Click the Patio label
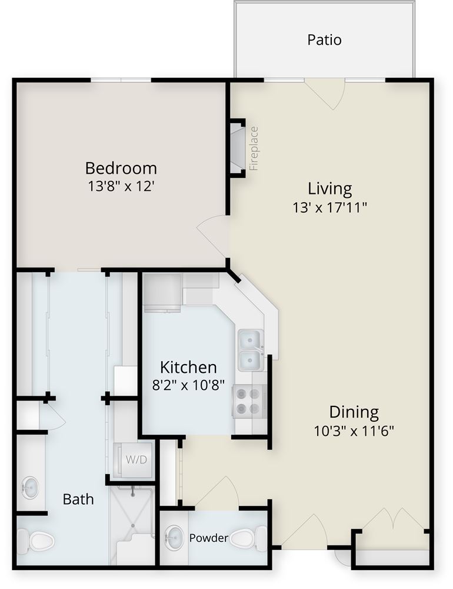click(324, 39)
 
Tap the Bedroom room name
click(121, 168)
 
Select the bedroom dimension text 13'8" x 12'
click(121, 186)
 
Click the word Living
click(330, 188)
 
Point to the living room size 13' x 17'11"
click(329, 207)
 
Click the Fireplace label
click(254, 148)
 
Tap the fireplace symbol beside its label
click(238, 148)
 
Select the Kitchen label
click(188, 367)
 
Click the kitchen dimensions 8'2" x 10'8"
click(188, 385)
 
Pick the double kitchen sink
click(251, 350)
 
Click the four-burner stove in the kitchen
click(249, 401)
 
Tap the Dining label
click(354, 412)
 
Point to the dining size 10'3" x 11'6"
click(354, 431)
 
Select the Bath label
click(78, 499)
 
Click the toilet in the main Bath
click(36, 541)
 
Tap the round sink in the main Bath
click(30, 488)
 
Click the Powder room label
click(209, 538)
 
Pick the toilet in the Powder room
click(248, 538)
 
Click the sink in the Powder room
click(174, 537)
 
